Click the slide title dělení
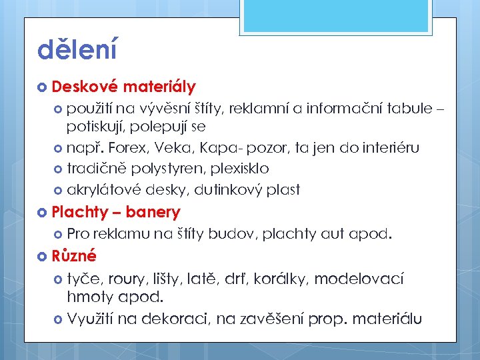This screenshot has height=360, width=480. click(x=77, y=50)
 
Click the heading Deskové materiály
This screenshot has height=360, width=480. click(x=123, y=87)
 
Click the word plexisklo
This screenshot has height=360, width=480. click(x=237, y=169)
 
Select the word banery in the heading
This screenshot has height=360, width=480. click(x=153, y=213)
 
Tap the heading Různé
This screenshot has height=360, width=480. click(x=74, y=256)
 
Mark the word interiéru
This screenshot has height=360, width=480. click(x=389, y=147)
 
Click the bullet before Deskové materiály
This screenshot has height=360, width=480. click(x=43, y=87)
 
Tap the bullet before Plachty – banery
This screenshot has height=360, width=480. click(x=43, y=213)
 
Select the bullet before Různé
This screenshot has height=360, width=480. click(x=43, y=256)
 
